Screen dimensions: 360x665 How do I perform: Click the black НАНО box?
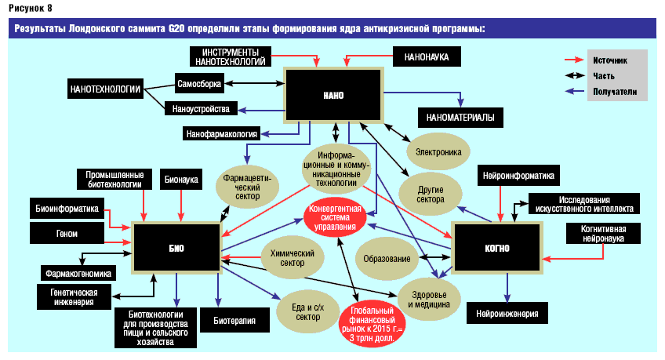(x=333, y=94)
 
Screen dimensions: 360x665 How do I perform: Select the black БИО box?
(x=176, y=247)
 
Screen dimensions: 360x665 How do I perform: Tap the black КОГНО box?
(x=496, y=248)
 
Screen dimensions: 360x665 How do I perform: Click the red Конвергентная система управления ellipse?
(x=336, y=216)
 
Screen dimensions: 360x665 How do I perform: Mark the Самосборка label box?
(x=201, y=82)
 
